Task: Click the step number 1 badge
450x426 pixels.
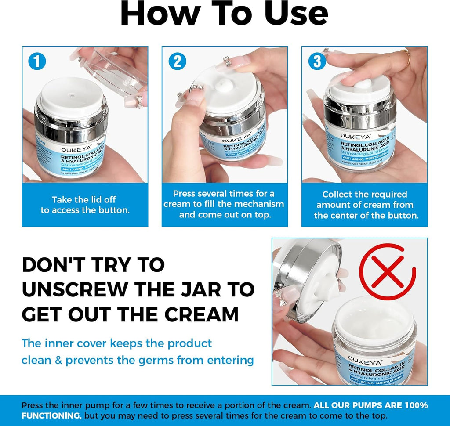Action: (37, 61)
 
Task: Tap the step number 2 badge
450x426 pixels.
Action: (177, 61)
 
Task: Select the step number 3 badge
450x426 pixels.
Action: (317, 61)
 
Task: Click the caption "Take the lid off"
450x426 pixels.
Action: (84, 199)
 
